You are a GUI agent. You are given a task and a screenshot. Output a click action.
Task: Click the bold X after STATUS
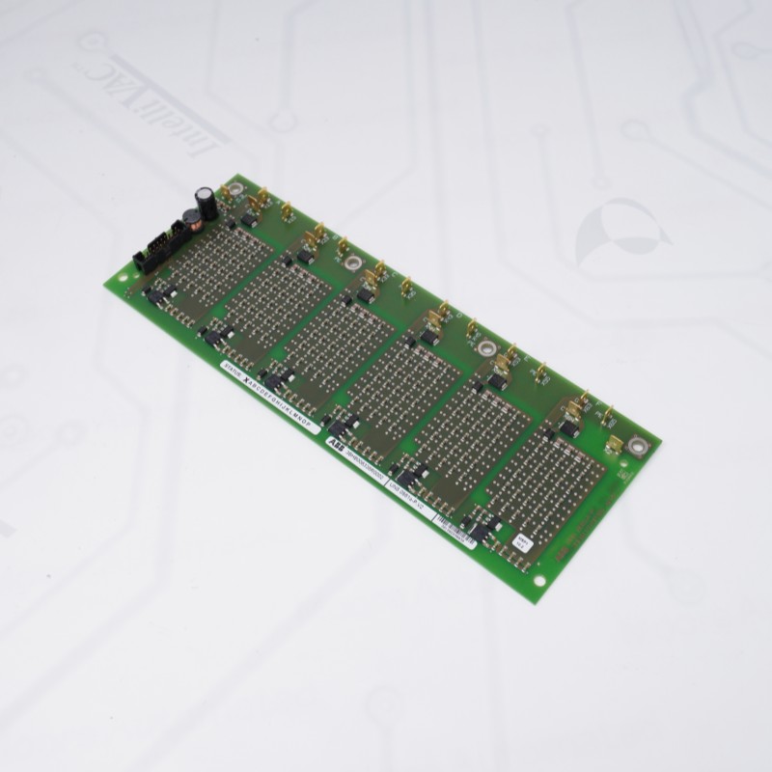coord(243,383)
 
